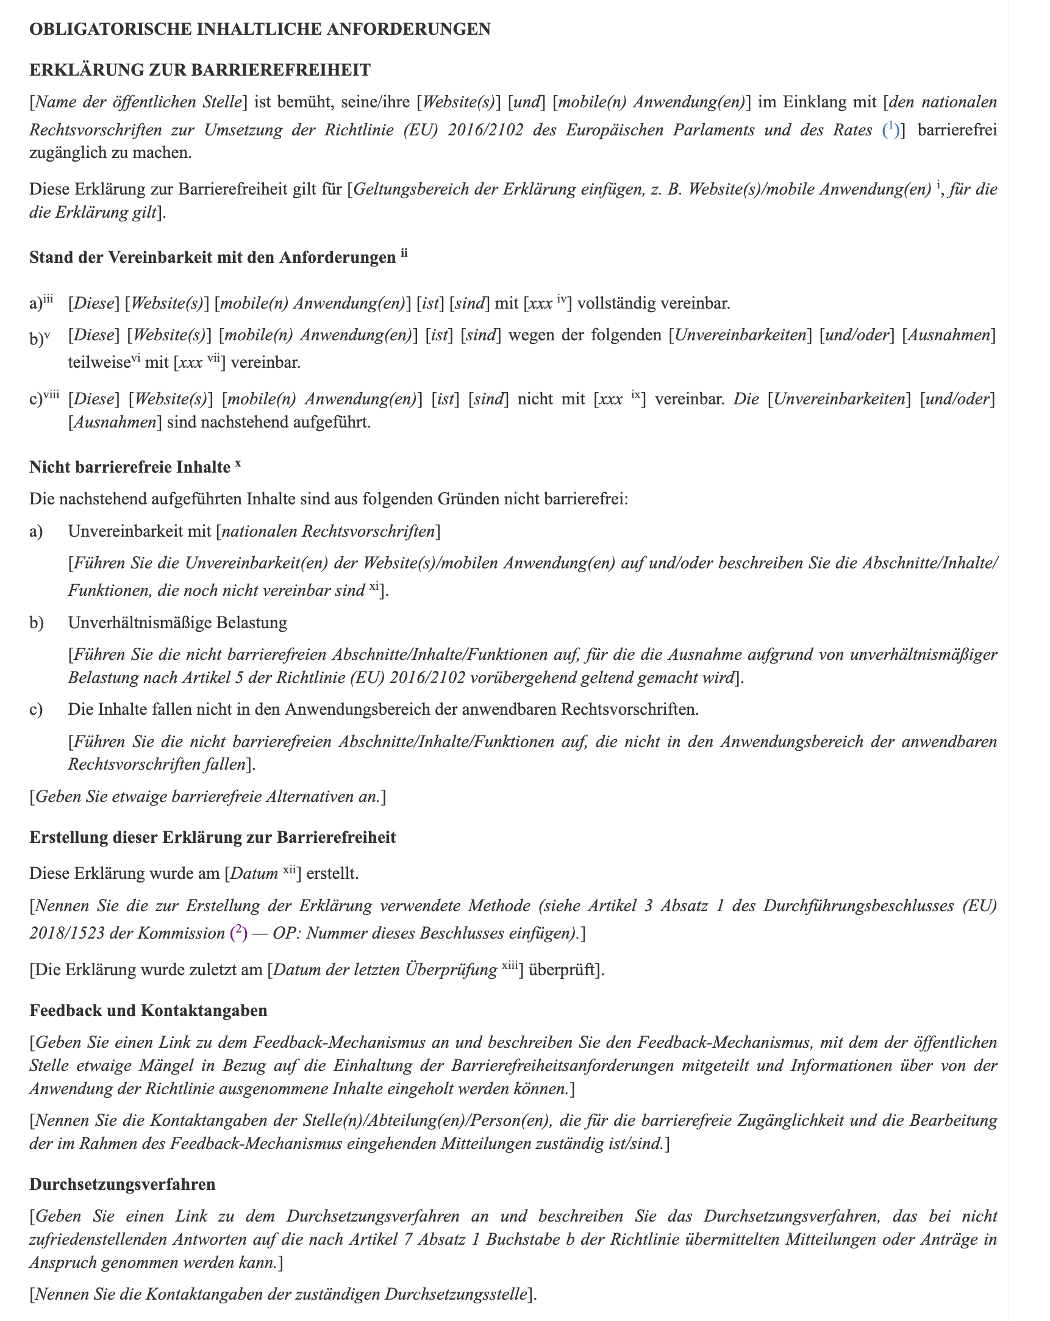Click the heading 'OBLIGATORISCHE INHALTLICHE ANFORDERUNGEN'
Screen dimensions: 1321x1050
coord(260,29)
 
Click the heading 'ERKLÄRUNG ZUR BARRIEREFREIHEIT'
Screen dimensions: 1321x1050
coord(200,70)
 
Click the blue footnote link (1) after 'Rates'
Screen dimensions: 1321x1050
coord(891,129)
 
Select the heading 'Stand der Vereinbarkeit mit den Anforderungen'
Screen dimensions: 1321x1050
coord(212,257)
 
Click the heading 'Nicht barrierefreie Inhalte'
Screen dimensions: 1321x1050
coord(129,467)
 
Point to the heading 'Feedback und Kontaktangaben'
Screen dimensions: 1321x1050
coord(148,1011)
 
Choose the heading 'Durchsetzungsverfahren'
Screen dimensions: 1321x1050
coord(122,1184)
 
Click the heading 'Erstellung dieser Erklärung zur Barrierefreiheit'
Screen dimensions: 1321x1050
coord(213,837)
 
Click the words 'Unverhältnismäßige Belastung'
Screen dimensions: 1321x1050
coord(177,623)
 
